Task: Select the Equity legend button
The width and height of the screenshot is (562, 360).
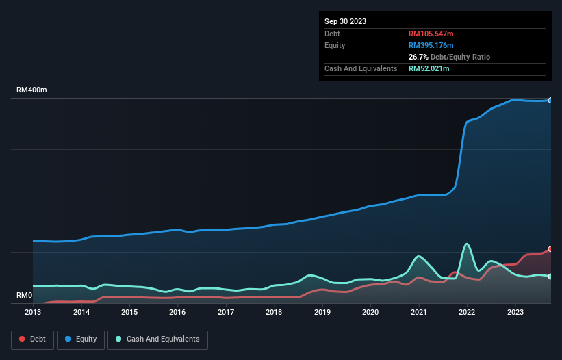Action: (81, 339)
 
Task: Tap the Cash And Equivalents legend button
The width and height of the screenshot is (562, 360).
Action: (157, 339)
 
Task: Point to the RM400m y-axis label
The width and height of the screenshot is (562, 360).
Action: (31, 90)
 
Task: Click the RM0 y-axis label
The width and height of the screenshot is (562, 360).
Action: (25, 296)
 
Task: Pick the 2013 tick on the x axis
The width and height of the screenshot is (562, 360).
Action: (33, 312)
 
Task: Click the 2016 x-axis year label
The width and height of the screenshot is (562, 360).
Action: (177, 312)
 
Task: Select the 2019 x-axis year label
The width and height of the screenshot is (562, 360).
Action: (322, 312)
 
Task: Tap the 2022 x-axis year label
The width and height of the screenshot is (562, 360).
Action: (467, 312)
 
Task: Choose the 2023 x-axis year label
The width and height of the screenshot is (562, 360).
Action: (515, 312)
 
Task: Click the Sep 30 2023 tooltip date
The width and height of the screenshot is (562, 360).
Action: (345, 21)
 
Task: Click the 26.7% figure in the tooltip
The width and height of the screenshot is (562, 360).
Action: (418, 57)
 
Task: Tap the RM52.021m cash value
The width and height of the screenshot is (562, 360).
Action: (430, 68)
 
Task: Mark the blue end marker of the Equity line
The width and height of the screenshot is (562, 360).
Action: (550, 101)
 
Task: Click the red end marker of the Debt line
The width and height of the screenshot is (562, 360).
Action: (550, 249)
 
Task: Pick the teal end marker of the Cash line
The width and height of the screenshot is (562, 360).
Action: (550, 277)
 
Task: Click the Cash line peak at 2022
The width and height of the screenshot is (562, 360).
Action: (467, 244)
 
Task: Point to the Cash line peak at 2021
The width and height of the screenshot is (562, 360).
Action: (419, 256)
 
